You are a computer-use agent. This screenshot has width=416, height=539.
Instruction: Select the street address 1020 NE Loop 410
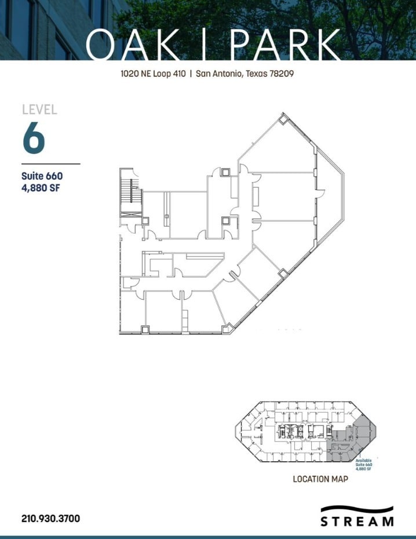(152, 74)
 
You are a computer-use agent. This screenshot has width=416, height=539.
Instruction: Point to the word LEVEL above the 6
(39, 109)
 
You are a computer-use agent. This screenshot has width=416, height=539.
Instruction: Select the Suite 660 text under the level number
(42, 176)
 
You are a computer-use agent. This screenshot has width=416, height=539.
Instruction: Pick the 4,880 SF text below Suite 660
(42, 187)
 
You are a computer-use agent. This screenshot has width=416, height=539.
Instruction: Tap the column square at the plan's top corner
(282, 120)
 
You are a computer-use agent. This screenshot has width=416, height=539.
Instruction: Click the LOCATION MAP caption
(320, 479)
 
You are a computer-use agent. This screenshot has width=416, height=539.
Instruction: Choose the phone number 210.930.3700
(50, 518)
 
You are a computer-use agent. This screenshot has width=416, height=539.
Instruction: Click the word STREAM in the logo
(357, 522)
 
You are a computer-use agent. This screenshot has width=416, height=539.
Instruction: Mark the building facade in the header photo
(35, 29)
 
